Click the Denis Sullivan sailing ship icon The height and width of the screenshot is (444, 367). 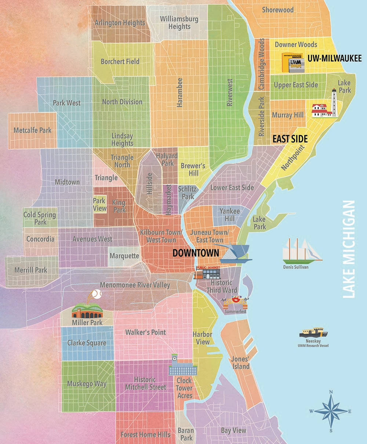[301, 252]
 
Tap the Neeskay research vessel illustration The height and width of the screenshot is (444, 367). [313, 333]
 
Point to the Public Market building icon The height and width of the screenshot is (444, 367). [208, 272]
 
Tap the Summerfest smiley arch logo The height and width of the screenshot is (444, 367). [235, 304]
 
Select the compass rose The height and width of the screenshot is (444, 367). [331, 411]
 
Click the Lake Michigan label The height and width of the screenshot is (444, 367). [349, 249]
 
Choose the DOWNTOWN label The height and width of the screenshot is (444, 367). [196, 253]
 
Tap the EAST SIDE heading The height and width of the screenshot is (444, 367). [290, 139]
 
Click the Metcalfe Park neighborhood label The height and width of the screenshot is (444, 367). [32, 130]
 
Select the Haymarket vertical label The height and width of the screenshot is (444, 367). [168, 199]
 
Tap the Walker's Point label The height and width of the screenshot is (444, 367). [146, 332]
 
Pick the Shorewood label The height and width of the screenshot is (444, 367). [277, 10]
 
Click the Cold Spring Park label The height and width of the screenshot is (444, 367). [40, 218]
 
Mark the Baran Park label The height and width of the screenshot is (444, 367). [186, 434]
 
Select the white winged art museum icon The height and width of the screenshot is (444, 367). [231, 254]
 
